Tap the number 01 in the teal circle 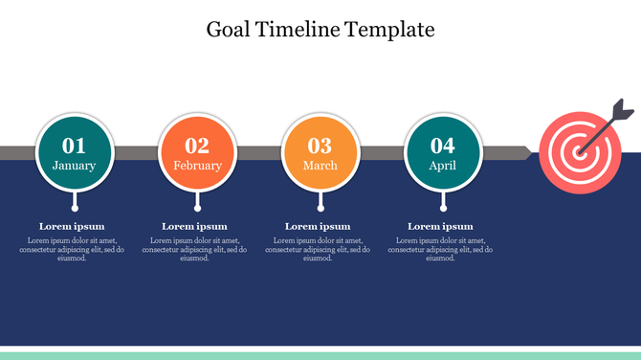75,146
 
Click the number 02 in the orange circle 197,146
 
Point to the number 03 320,146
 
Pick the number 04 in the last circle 442,146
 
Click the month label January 75,166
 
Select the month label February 197,166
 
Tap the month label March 320,166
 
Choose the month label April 442,166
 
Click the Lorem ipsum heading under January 71,226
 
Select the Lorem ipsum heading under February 194,226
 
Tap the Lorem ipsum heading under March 318,226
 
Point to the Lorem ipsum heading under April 440,226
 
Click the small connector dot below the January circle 75,207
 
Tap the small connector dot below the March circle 320,207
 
